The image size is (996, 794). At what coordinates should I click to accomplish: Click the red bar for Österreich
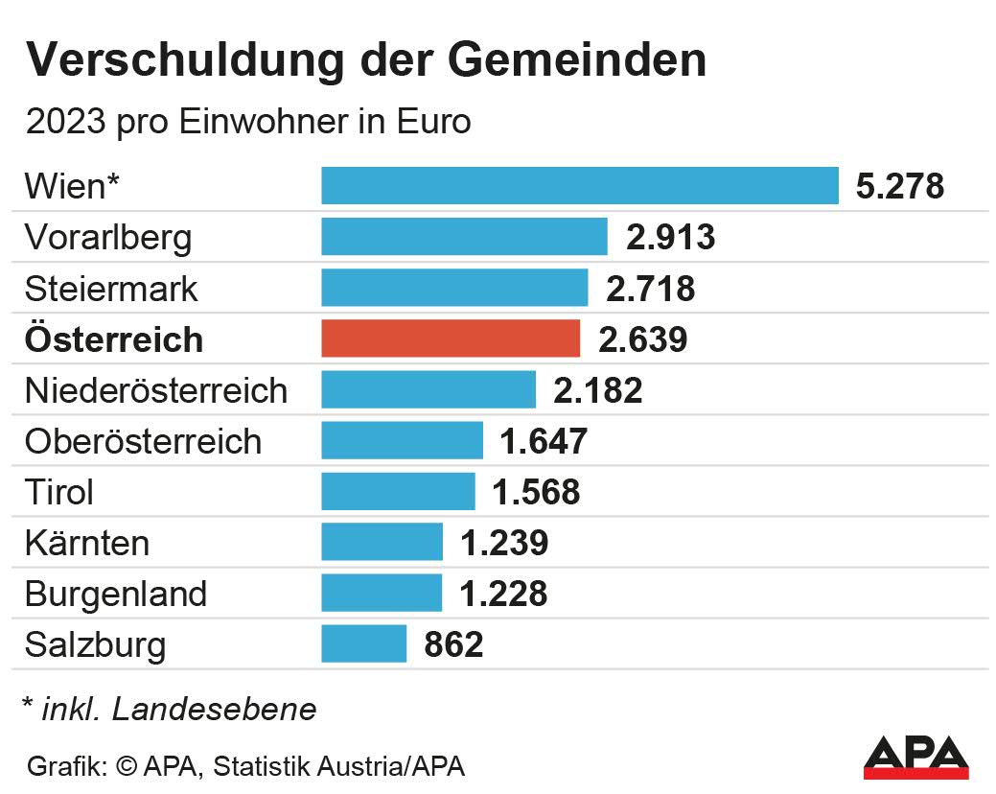coord(451,339)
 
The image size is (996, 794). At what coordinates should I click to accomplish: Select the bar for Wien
coord(580,185)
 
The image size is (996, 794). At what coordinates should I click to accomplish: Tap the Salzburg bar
coord(364,643)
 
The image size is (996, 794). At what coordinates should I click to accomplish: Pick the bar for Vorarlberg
coord(464,237)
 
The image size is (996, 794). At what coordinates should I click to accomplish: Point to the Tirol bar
coord(398,491)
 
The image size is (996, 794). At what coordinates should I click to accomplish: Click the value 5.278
coord(900,186)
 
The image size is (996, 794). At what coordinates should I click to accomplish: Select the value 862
coord(453,644)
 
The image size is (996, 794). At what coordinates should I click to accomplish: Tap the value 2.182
coord(598,390)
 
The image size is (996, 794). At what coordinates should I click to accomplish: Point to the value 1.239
coord(504,543)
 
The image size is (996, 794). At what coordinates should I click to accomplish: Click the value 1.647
coord(544,441)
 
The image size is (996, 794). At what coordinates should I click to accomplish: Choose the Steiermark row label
coord(111,289)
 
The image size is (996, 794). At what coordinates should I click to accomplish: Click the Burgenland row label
coord(116,594)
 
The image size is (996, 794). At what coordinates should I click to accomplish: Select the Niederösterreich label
coord(156,390)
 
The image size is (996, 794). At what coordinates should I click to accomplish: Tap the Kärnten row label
coord(87,543)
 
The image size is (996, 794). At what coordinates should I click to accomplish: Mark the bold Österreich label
coord(114,339)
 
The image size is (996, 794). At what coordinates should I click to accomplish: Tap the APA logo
coord(915,756)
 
